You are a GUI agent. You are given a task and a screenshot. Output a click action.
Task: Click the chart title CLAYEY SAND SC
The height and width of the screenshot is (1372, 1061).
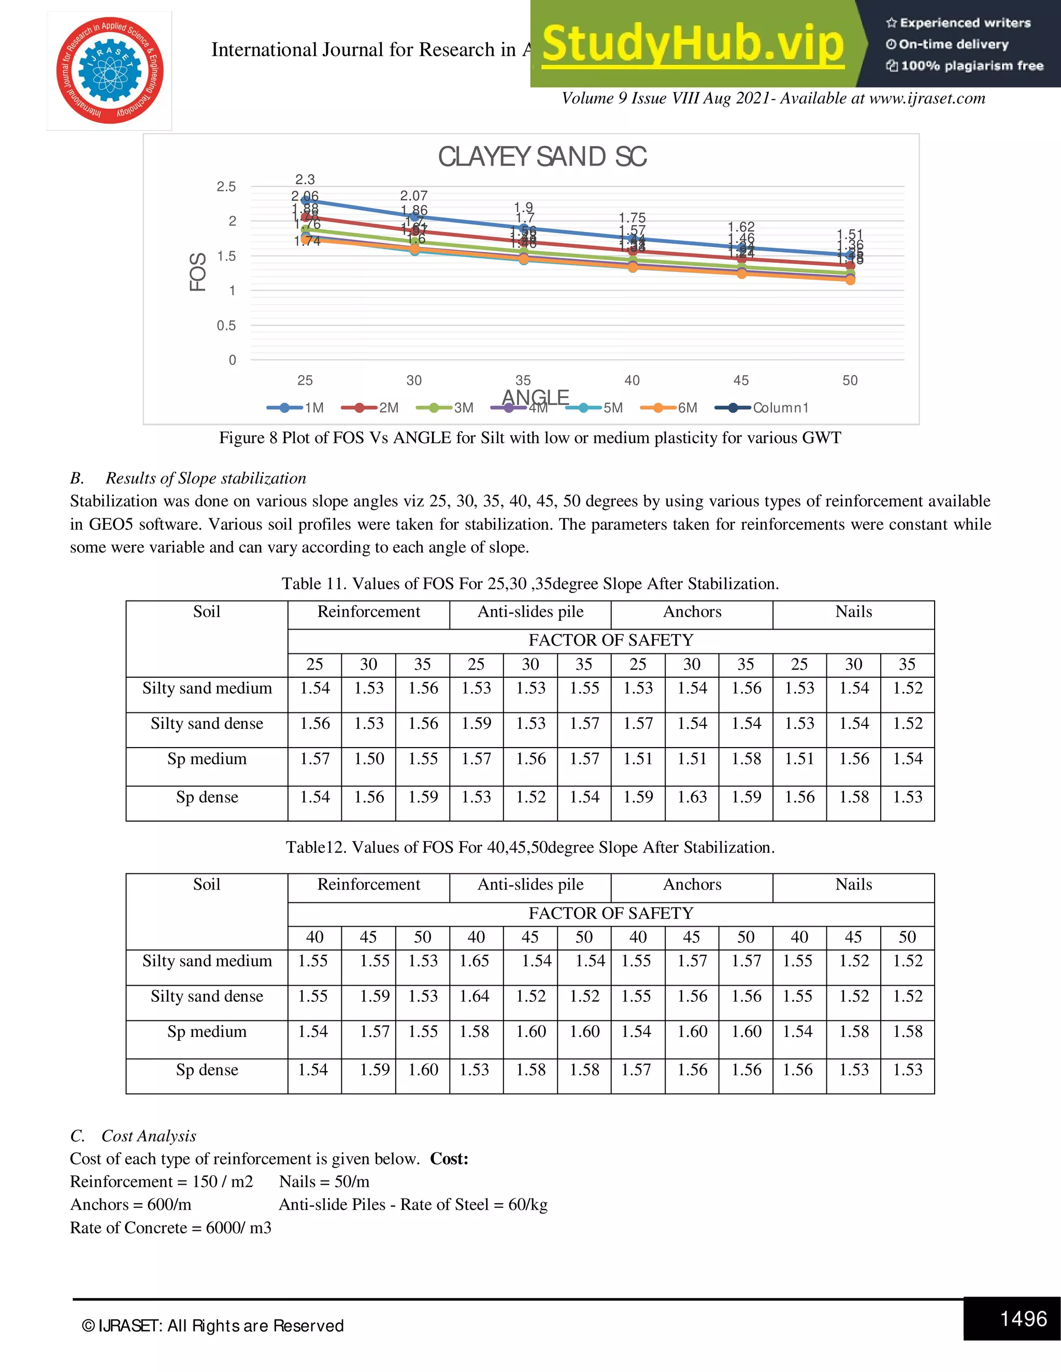tap(542, 157)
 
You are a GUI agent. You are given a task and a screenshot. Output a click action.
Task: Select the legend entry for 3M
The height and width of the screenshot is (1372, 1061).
tap(445, 407)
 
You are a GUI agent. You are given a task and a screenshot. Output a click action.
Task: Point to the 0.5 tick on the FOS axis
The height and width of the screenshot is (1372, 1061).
tap(226, 326)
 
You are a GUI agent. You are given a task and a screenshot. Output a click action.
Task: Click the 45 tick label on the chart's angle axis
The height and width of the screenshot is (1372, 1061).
tap(741, 380)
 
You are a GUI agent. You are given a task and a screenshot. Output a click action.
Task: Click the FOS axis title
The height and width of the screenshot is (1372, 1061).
tap(197, 272)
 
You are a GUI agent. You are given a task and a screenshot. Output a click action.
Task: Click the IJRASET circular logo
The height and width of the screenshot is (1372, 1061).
tap(110, 70)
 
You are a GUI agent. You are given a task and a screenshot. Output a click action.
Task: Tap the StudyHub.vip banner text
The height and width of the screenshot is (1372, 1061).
tap(693, 44)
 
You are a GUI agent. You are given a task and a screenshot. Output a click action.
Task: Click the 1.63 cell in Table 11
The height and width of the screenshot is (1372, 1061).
tap(692, 797)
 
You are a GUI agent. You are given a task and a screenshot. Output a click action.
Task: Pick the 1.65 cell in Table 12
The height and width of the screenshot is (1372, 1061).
tap(475, 960)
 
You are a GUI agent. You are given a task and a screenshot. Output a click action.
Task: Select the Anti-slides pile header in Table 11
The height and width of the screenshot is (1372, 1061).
tap(530, 612)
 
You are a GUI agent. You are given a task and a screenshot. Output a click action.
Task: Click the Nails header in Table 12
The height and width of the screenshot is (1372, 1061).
tap(854, 884)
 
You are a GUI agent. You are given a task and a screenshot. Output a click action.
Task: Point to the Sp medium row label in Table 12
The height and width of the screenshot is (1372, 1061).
tap(207, 1031)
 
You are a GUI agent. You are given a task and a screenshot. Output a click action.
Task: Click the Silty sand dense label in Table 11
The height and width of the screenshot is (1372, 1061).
tap(207, 724)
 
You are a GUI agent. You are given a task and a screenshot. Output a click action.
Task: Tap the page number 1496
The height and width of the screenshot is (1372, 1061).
tap(1023, 1318)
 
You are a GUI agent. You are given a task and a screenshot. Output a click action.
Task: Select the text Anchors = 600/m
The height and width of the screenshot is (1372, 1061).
tap(131, 1204)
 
